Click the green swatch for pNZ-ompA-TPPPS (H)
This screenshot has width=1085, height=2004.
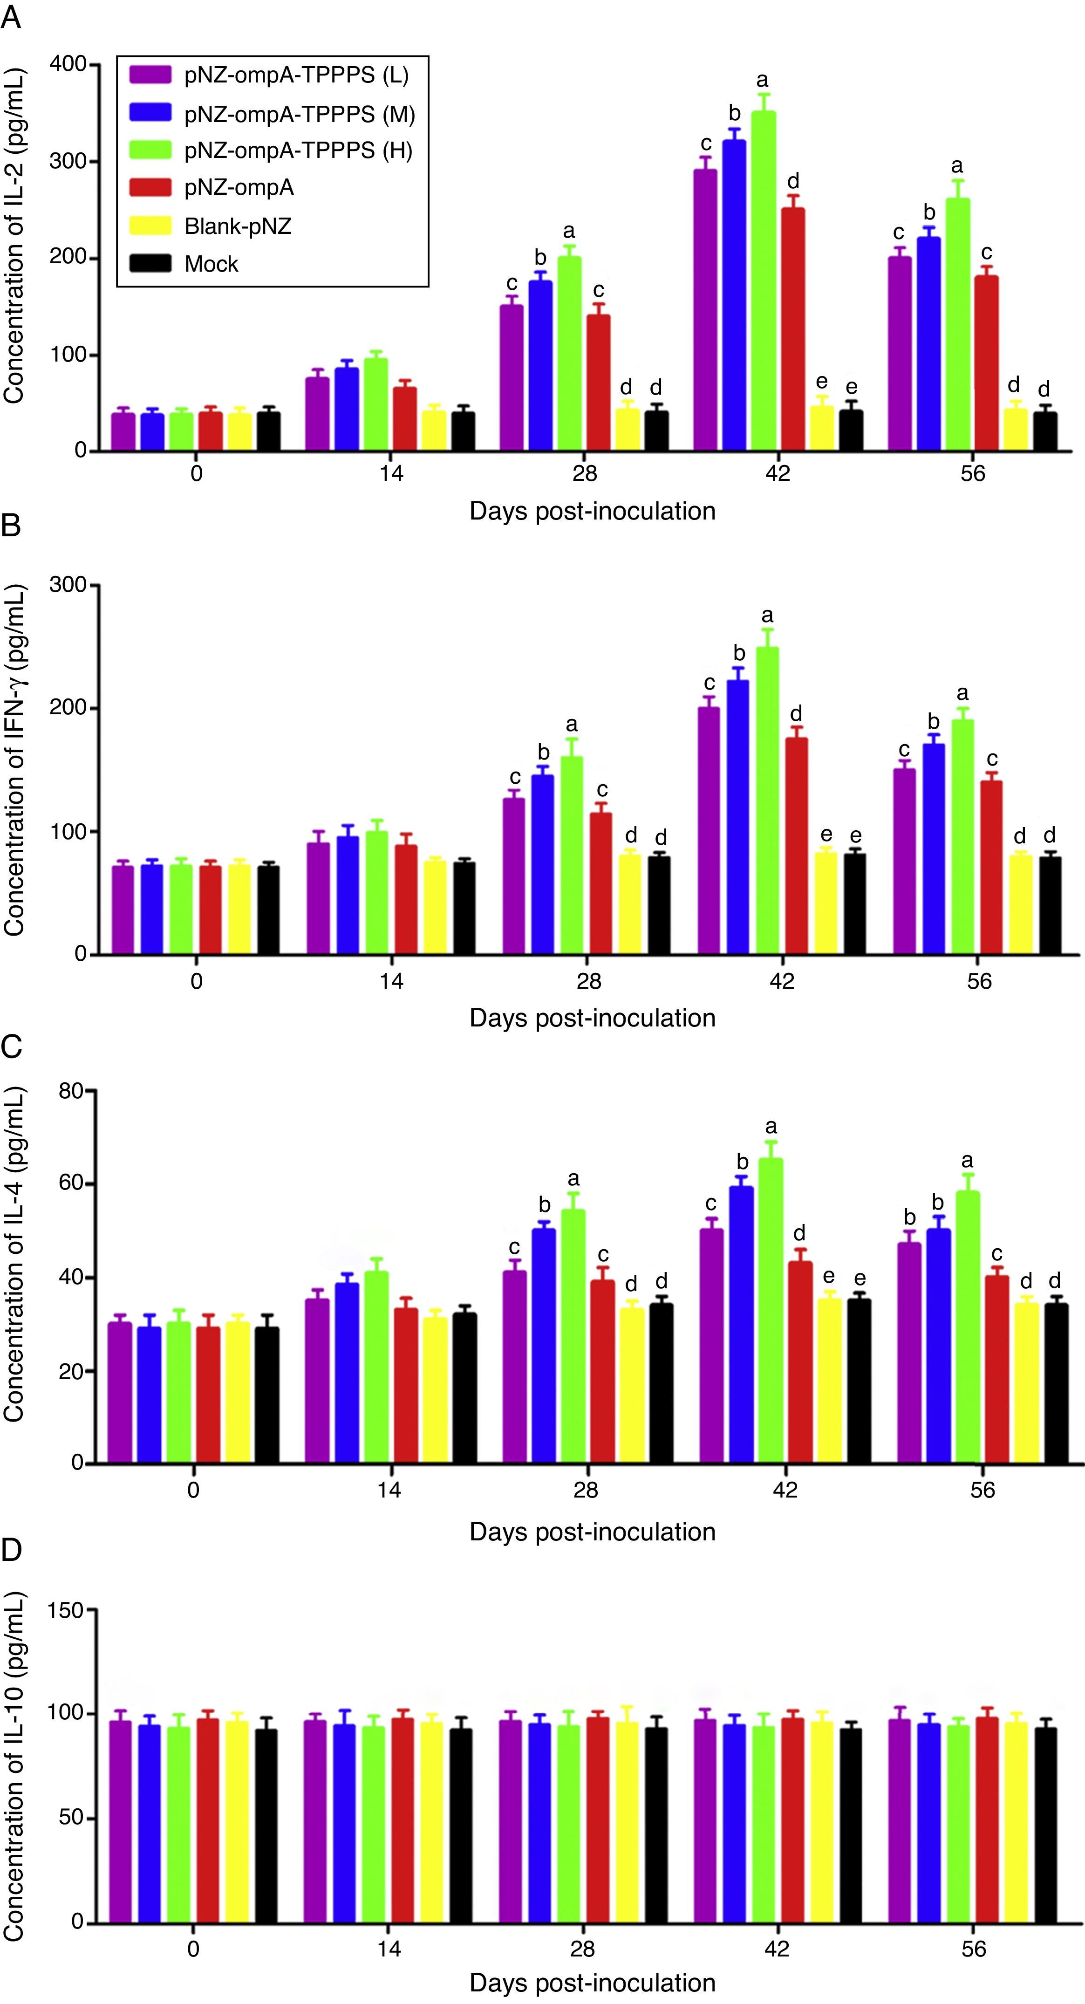150,150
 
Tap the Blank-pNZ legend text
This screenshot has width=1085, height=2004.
237,226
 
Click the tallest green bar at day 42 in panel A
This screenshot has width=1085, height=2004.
763,280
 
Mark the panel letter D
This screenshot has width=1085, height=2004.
12,1550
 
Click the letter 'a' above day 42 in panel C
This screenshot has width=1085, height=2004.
771,1127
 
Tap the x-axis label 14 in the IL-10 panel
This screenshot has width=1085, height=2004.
389,1948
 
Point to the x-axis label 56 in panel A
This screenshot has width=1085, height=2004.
972,473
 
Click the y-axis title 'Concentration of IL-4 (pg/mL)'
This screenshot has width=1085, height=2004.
14,1276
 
